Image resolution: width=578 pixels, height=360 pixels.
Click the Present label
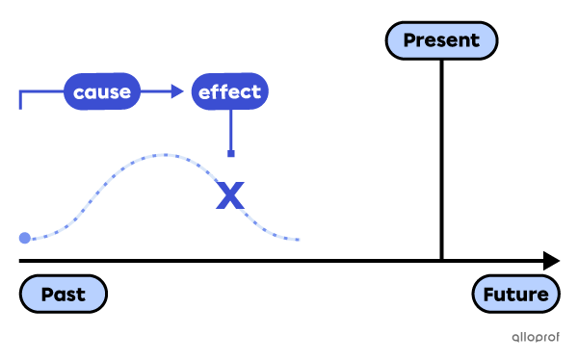(x=441, y=40)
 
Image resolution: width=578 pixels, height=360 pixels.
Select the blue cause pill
(x=102, y=92)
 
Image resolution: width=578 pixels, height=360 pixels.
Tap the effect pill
(x=229, y=92)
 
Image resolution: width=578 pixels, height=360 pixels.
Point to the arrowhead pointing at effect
(x=177, y=91)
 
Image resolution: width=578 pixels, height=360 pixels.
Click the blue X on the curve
(x=230, y=195)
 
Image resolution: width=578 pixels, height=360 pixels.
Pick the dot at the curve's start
(x=24, y=238)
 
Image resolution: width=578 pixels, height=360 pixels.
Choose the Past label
(x=63, y=295)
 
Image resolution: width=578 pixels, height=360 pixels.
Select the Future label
(x=516, y=295)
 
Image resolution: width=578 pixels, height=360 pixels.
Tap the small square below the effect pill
(x=230, y=153)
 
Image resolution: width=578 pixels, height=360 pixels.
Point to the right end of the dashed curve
(x=300, y=239)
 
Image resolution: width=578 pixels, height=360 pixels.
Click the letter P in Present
(x=409, y=40)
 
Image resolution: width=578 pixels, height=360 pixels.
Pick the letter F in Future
(x=489, y=295)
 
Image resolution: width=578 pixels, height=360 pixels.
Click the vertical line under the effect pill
(x=230, y=129)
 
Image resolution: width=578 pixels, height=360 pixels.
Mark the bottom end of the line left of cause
(x=19, y=108)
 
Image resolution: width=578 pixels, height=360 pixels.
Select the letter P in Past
(x=46, y=295)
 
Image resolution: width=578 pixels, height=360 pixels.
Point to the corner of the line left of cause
(x=19, y=92)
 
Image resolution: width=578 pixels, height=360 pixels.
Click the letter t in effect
(x=256, y=92)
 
